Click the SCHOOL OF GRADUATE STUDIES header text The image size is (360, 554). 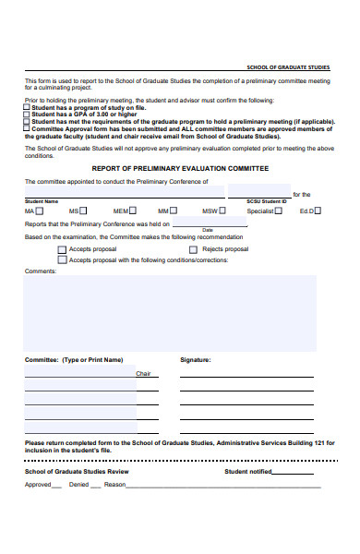(x=289, y=67)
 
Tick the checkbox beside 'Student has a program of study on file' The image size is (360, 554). (x=27, y=107)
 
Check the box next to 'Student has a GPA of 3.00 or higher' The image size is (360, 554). (x=27, y=114)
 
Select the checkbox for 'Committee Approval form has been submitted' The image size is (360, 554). (x=27, y=128)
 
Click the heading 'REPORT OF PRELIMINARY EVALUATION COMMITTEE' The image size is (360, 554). (x=180, y=169)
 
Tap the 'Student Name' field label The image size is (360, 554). (x=42, y=200)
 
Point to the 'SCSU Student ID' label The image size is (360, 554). (x=267, y=200)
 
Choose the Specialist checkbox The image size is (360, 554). (x=279, y=211)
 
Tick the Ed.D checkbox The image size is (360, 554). (x=318, y=211)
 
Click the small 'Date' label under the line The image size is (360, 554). (x=208, y=230)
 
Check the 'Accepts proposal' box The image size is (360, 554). (x=62, y=249)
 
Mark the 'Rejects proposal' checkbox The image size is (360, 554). (x=194, y=249)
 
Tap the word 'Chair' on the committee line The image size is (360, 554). (x=143, y=374)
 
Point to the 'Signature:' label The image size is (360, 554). (x=196, y=360)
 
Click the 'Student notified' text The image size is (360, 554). (x=248, y=471)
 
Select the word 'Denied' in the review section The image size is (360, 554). (x=79, y=485)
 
